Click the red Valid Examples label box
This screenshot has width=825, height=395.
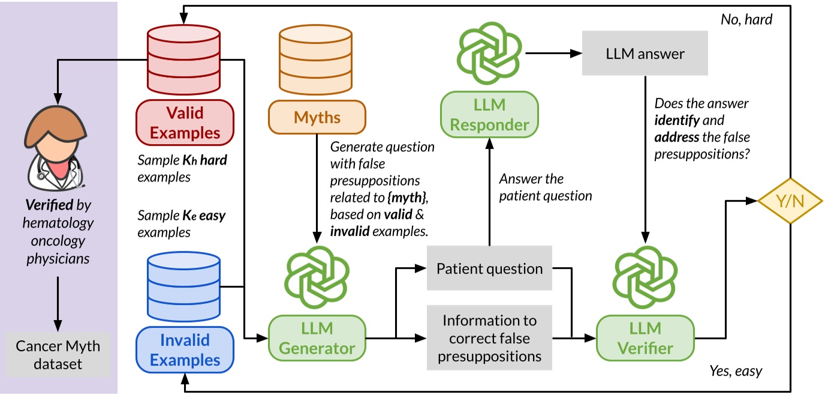click(185, 122)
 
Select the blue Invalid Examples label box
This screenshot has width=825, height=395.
click(185, 350)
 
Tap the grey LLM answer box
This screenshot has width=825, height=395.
click(645, 54)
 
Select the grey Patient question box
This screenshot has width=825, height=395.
click(489, 268)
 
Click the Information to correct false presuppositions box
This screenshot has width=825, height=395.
click(489, 338)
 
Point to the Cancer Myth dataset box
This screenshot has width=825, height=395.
click(58, 354)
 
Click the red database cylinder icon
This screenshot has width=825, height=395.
click(185, 59)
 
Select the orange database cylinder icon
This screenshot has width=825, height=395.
click(317, 59)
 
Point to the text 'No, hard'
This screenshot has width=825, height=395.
click(746, 20)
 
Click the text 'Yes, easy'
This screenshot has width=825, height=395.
click(736, 371)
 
